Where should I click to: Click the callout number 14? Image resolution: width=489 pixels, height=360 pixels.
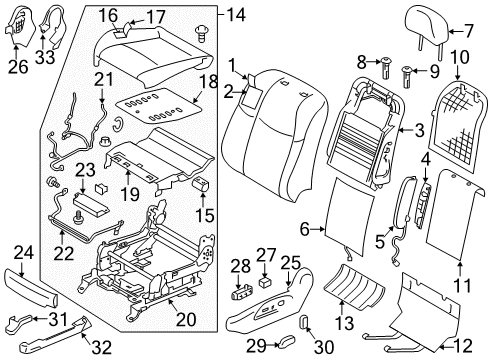[x=236, y=15]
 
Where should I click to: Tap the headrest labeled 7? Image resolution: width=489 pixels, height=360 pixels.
[x=427, y=28]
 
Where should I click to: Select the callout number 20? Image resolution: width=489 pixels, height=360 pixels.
[x=186, y=319]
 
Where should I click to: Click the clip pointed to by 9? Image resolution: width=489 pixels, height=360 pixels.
[x=408, y=77]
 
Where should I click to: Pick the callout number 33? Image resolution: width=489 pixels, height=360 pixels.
[x=45, y=57]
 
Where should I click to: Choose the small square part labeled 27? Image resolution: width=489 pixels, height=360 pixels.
[x=265, y=283]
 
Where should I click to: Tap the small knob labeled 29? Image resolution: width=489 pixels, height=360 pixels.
[x=287, y=341]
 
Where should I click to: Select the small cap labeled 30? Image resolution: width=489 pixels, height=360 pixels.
[x=304, y=322]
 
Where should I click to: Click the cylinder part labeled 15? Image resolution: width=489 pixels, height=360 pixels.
[x=202, y=184]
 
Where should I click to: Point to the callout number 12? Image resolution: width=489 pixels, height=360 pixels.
[x=463, y=346]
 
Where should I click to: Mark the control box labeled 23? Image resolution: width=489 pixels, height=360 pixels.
[x=91, y=204]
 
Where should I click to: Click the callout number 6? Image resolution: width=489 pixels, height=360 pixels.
[x=305, y=230]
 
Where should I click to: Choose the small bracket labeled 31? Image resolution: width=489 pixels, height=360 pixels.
[x=20, y=321]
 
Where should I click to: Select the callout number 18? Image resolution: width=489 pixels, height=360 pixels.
[x=209, y=82]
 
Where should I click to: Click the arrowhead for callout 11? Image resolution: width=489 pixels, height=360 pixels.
[x=460, y=266]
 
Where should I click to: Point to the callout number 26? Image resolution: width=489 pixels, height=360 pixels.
[x=18, y=67]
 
